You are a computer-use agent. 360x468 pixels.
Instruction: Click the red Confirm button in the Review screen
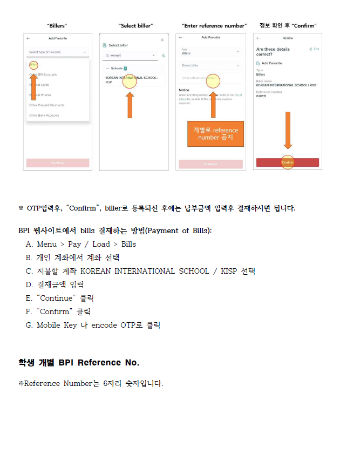(287, 162)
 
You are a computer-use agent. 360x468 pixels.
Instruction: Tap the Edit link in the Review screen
(314, 49)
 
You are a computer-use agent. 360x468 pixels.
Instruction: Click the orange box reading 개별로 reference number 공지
(215, 134)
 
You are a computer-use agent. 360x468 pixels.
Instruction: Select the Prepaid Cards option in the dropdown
(39, 85)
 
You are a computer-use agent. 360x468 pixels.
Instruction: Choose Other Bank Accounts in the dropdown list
(44, 116)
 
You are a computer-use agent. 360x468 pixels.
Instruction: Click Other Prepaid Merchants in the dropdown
(47, 105)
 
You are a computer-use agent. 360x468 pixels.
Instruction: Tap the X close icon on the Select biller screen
(162, 40)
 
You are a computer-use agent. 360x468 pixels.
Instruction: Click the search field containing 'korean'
(128, 55)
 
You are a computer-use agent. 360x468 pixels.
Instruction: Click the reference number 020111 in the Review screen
(261, 96)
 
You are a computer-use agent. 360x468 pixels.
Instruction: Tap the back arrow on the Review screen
(259, 38)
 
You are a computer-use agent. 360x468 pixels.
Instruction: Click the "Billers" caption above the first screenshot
(57, 25)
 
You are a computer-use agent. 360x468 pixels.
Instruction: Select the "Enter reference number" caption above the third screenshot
(214, 25)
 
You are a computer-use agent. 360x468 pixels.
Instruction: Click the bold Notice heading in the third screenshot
(184, 90)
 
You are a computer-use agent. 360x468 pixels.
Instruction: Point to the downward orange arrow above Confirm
(288, 130)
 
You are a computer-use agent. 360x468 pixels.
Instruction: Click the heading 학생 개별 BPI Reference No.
(79, 362)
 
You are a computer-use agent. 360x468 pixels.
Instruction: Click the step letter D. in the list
(29, 284)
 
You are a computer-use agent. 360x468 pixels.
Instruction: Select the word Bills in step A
(128, 244)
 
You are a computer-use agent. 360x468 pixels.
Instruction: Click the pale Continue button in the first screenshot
(58, 162)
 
